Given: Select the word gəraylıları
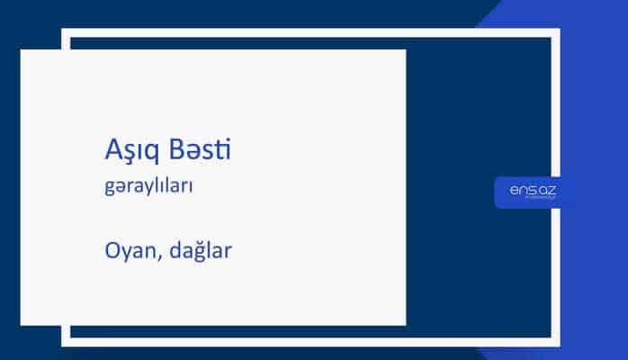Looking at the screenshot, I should (149, 189).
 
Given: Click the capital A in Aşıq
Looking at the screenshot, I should (112, 149).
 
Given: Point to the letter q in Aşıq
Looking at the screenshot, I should (154, 153).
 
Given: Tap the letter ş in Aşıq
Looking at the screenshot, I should (128, 153).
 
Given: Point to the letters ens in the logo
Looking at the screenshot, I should (521, 190).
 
